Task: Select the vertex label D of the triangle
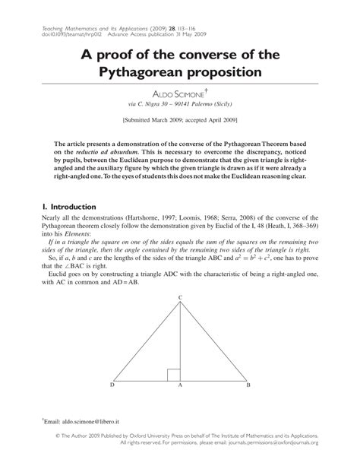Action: pyautogui.click(x=112, y=386)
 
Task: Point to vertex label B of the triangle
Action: pyautogui.click(x=248, y=386)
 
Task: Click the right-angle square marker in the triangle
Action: pyautogui.click(x=174, y=374)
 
